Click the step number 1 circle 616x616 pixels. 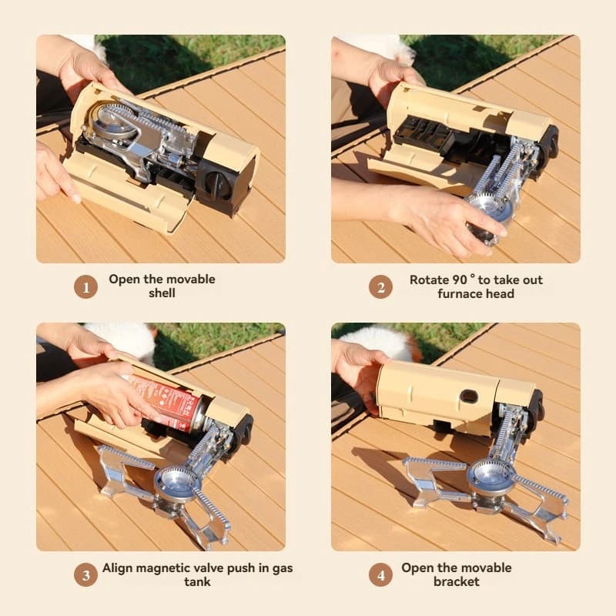(85, 287)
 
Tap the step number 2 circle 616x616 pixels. (380, 287)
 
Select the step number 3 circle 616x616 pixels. (85, 575)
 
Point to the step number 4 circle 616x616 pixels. (380, 575)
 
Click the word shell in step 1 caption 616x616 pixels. (162, 293)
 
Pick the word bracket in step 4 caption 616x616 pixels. (456, 582)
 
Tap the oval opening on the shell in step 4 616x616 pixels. (469, 397)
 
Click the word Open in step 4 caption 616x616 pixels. (417, 568)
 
